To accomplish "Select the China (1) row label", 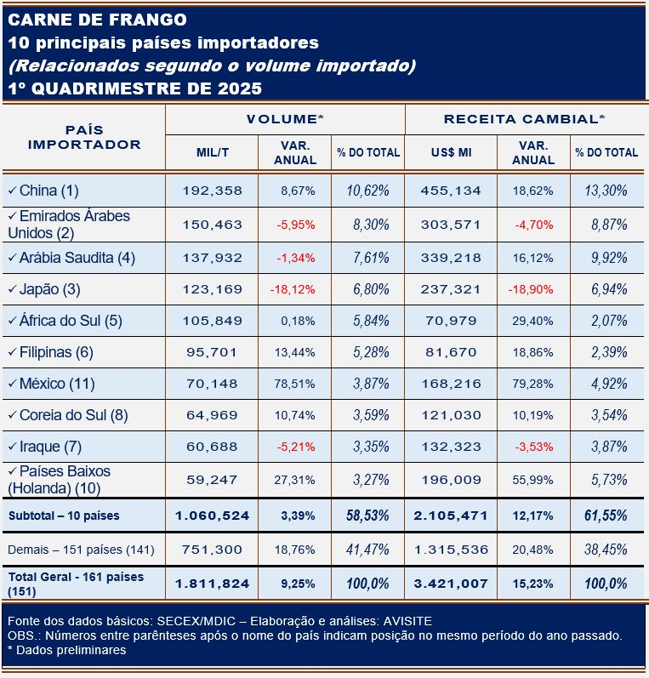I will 48,191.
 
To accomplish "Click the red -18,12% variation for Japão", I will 293,289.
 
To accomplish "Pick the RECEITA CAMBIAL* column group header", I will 524,119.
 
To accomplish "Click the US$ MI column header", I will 451,153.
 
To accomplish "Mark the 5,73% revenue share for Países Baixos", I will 606,480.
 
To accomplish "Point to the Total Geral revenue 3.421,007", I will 450,584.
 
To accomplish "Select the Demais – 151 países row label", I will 81,550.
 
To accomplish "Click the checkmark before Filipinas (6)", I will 11,352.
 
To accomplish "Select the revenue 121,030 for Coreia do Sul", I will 451,415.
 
